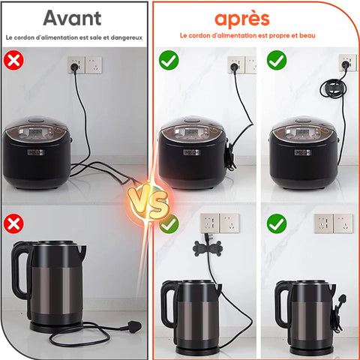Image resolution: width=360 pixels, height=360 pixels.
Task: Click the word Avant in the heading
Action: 72,18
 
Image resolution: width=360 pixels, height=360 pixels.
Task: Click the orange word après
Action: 242,19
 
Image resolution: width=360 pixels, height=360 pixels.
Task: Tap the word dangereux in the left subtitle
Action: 127,37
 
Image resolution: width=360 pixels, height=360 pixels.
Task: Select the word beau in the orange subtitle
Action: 307,35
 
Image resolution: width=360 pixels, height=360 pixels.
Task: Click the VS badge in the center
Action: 148,202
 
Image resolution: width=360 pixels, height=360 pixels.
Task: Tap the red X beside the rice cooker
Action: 13,60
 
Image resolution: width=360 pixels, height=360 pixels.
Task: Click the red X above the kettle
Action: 13,223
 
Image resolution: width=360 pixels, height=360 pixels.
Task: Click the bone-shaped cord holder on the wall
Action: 208,248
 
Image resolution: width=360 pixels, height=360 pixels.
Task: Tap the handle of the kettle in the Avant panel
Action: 21,270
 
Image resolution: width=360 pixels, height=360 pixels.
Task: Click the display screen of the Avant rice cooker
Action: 36,132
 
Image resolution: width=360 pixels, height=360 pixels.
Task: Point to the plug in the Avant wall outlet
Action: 74,67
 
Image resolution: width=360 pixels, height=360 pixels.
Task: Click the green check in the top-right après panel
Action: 277,60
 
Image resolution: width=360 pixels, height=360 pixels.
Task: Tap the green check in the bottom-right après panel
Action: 277,223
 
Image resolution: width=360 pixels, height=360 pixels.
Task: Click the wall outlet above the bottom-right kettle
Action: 334,223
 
